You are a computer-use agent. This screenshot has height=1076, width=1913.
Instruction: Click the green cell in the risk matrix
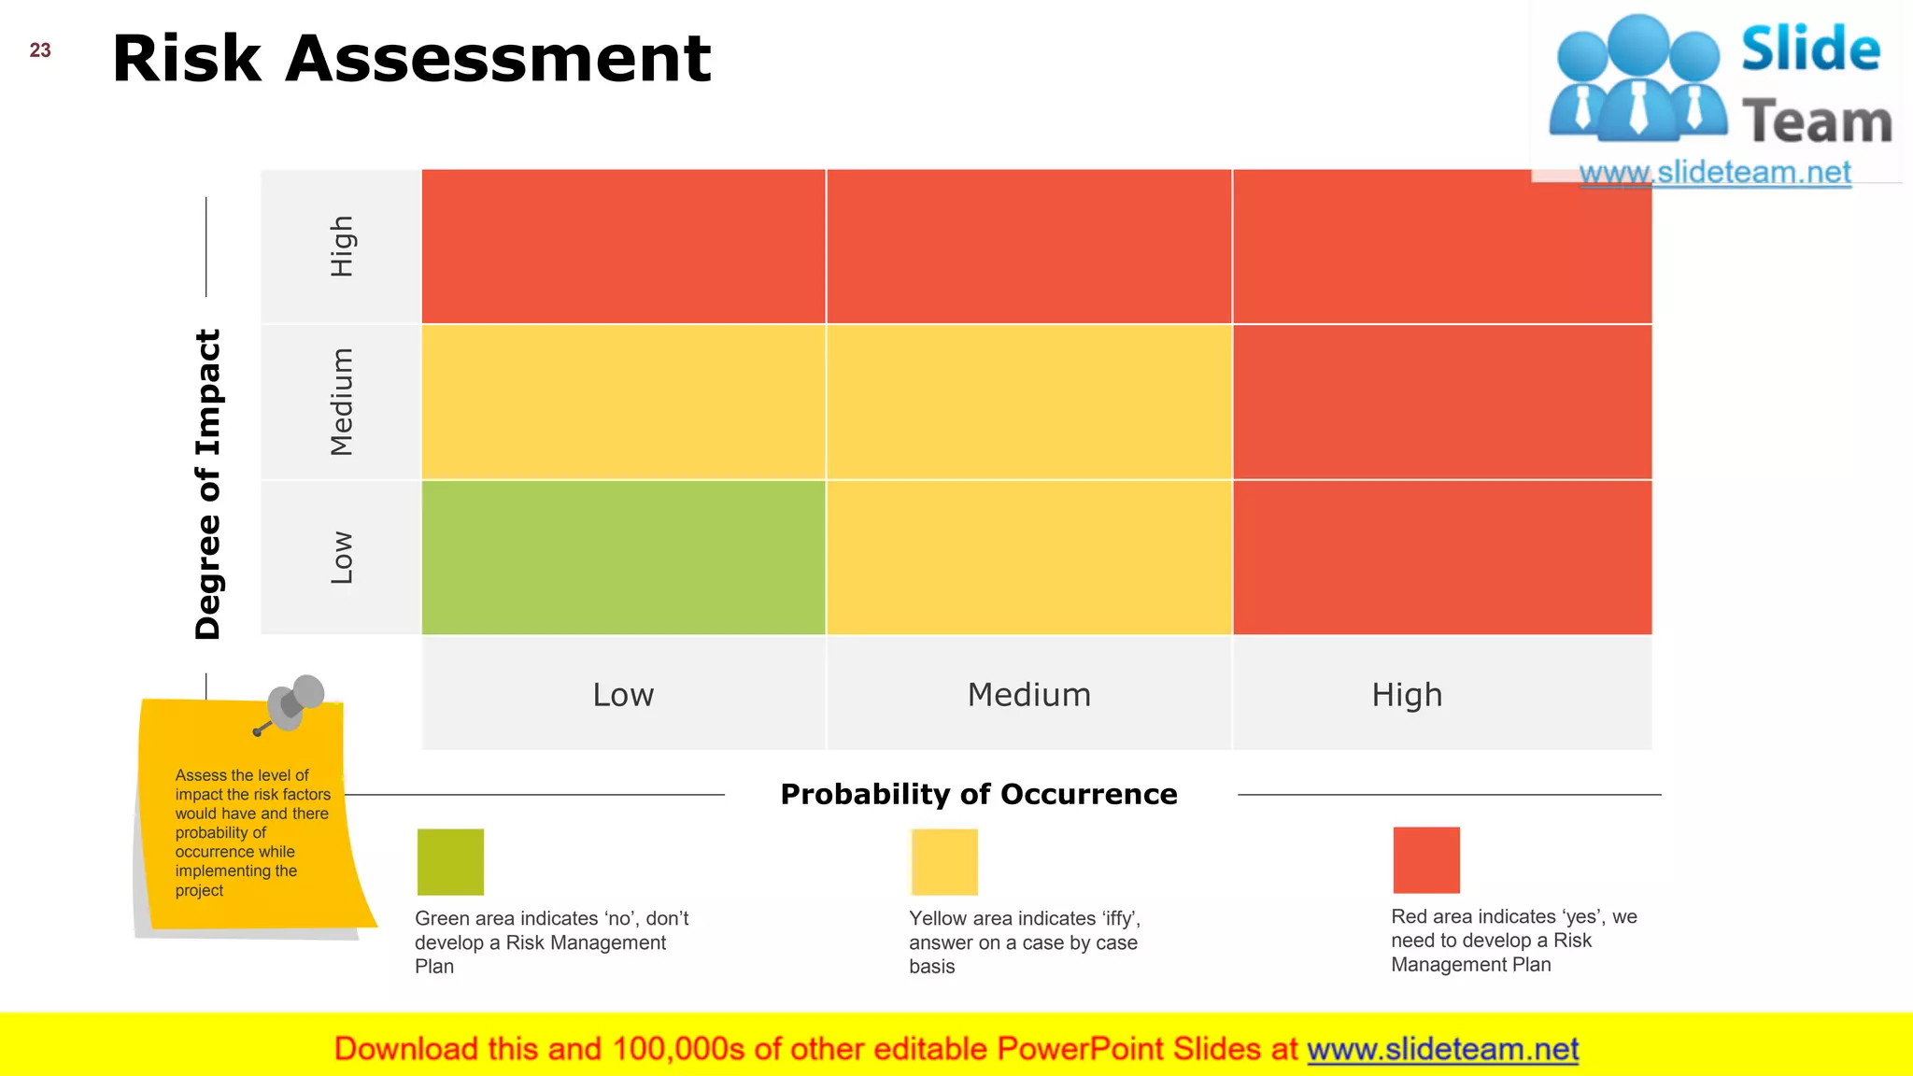pyautogui.click(x=623, y=558)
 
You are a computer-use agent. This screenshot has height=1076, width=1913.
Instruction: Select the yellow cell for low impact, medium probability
pyautogui.click(x=1028, y=558)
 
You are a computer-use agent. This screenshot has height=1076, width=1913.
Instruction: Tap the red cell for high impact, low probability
pyautogui.click(x=623, y=247)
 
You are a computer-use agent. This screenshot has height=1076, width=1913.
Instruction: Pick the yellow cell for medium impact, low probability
pyautogui.click(x=623, y=402)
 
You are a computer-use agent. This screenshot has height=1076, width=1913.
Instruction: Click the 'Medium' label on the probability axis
pyautogui.click(x=1028, y=695)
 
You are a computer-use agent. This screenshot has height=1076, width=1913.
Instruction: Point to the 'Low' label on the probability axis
pyautogui.click(x=623, y=695)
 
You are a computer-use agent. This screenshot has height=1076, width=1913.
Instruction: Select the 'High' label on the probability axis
pyautogui.click(x=1407, y=695)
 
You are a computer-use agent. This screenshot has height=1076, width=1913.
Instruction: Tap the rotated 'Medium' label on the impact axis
pyautogui.click(x=342, y=402)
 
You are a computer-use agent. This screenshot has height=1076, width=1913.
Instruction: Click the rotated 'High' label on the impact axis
pyautogui.click(x=342, y=247)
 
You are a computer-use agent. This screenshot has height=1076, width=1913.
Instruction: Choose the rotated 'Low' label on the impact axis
pyautogui.click(x=342, y=558)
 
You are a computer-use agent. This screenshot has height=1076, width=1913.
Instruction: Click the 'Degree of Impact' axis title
pyautogui.click(x=207, y=484)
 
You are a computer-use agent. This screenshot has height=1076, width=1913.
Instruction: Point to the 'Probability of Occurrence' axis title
pyautogui.click(x=979, y=794)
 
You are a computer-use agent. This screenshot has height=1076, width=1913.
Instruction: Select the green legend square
pyautogui.click(x=450, y=861)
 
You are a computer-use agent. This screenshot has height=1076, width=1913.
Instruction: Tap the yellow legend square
pyautogui.click(x=944, y=861)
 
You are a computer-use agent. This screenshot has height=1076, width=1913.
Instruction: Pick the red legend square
pyautogui.click(x=1425, y=859)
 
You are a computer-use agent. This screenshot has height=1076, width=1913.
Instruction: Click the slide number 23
pyautogui.click(x=40, y=50)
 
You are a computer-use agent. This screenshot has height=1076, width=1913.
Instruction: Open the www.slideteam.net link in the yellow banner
pyautogui.click(x=1442, y=1049)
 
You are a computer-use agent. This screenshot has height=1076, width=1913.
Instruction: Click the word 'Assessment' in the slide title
pyautogui.click(x=498, y=58)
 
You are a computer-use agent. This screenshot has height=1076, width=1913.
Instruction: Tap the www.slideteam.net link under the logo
pyautogui.click(x=1715, y=173)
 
